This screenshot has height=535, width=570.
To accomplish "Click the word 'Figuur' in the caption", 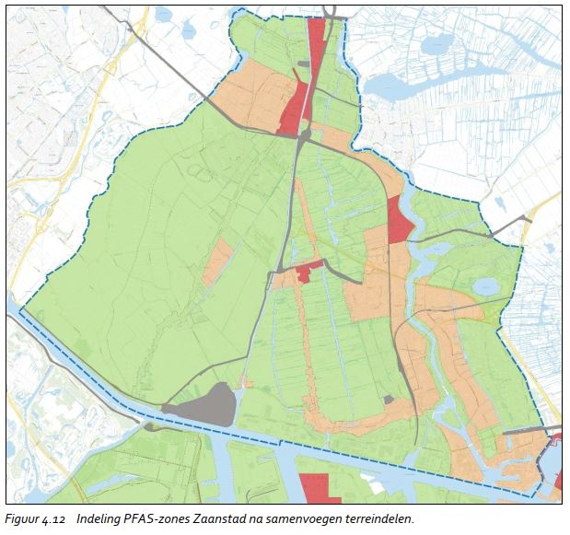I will pyautogui.click(x=24, y=519).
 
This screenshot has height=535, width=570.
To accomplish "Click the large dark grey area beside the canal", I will pyautogui.click(x=207, y=406).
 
